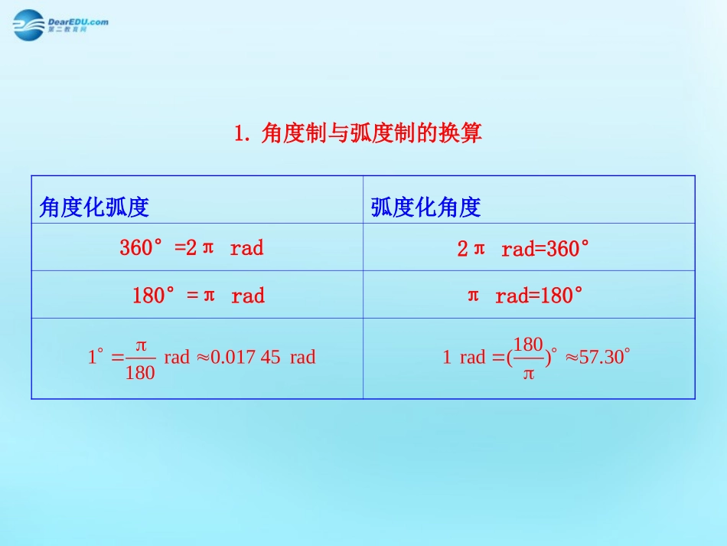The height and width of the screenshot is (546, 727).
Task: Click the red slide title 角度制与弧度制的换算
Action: pyautogui.click(x=371, y=134)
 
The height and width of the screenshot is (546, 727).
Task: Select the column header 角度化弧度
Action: pyautogui.click(x=93, y=208)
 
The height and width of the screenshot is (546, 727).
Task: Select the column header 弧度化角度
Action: pyautogui.click(x=425, y=208)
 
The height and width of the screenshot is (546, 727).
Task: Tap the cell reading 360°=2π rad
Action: pyautogui.click(x=191, y=247)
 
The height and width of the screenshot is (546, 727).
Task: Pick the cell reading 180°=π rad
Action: pyautogui.click(x=198, y=296)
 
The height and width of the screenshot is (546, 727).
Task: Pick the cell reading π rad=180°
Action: pyautogui.click(x=525, y=296)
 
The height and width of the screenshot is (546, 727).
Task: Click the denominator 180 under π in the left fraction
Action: pyautogui.click(x=140, y=373)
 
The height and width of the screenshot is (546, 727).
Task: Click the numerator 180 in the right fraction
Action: pyautogui.click(x=528, y=344)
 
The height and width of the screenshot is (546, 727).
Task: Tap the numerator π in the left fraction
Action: pyautogui.click(x=140, y=345)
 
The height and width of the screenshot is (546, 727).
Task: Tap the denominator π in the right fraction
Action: pyautogui.click(x=528, y=374)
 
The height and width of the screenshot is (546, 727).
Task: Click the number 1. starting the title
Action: pyautogui.click(x=243, y=134)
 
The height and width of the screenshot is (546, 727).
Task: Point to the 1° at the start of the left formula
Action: pyautogui.click(x=95, y=357)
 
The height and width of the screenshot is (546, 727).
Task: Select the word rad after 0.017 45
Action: pyautogui.click(x=302, y=357)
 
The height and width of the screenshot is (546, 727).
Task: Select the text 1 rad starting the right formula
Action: pyautogui.click(x=464, y=357)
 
